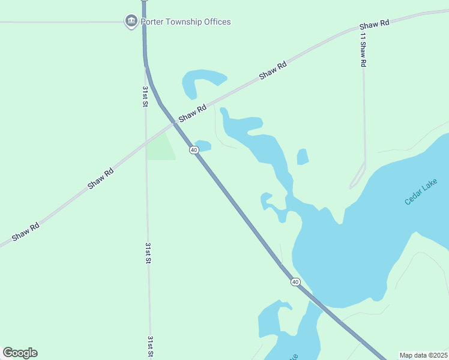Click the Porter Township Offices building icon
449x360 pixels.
click(x=131, y=22)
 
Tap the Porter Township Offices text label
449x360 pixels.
click(x=185, y=22)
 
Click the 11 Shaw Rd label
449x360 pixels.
click(x=363, y=49)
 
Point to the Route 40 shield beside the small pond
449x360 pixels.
click(x=194, y=149)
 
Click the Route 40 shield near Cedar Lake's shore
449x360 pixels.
click(x=295, y=281)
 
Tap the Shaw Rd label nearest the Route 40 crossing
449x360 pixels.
click(x=193, y=112)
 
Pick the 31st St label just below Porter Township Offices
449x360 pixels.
click(x=145, y=96)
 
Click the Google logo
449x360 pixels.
click(x=20, y=353)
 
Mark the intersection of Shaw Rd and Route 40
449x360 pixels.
click(x=175, y=123)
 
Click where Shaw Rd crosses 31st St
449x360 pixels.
click(x=146, y=143)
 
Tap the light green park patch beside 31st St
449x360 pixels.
click(x=160, y=148)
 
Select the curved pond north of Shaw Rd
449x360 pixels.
click(x=201, y=80)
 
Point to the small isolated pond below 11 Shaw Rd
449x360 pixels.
click(x=303, y=157)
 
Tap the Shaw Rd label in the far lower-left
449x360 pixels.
click(x=26, y=231)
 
